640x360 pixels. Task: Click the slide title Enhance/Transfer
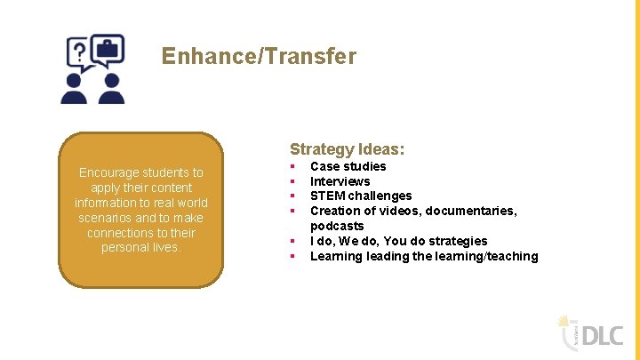click(259, 57)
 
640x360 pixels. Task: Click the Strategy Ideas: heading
click(347, 149)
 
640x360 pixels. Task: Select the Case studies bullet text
click(348, 166)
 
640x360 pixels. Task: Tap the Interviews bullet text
click(340, 181)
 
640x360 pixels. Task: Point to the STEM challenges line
click(360, 196)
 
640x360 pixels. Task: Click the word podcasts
click(336, 226)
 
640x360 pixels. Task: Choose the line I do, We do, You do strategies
click(398, 241)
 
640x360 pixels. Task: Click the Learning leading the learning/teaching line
click(423, 256)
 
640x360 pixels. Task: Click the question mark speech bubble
click(79, 52)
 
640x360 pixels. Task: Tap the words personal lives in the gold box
click(140, 247)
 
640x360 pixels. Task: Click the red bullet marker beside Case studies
click(292, 166)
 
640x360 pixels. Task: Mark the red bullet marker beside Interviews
click(292, 181)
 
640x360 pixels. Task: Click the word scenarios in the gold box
click(104, 218)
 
